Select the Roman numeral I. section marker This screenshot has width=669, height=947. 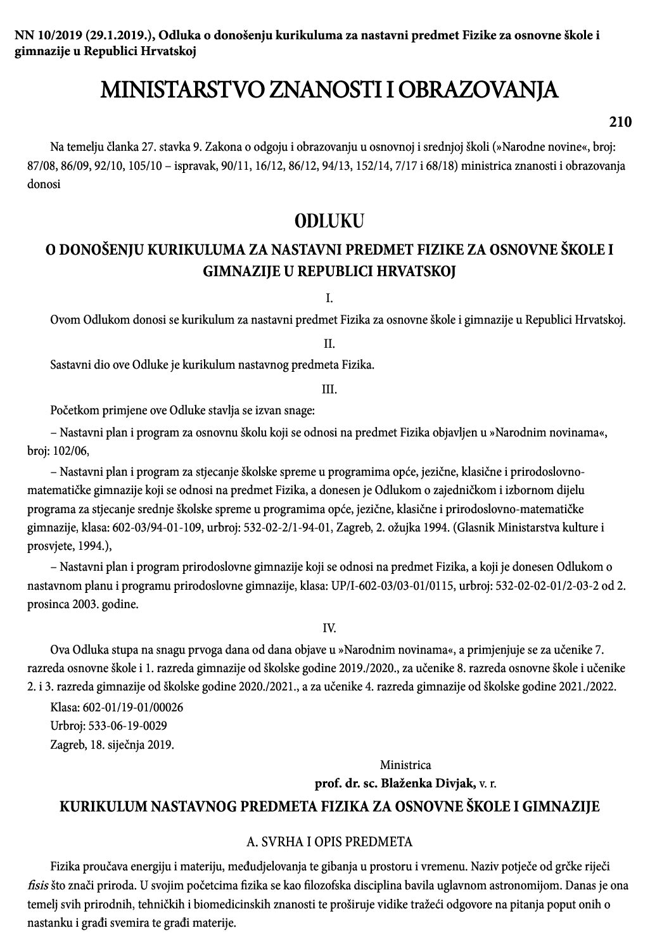click(329, 298)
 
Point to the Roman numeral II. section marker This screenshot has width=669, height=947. click(329, 343)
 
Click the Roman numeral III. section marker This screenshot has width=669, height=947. click(329, 389)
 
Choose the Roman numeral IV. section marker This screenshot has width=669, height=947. click(329, 628)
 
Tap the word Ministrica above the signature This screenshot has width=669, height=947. click(405, 765)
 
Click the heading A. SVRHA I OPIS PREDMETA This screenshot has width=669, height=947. click(329, 842)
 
